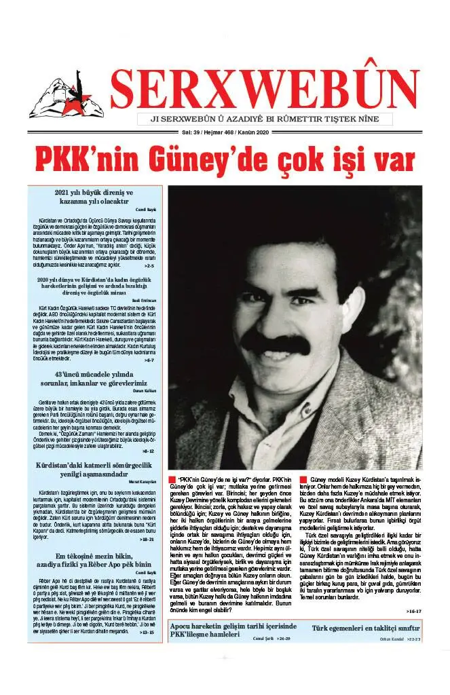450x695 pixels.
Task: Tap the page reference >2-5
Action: tap(149, 266)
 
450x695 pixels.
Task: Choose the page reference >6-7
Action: tap(149, 360)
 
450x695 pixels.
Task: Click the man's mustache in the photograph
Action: tap(275, 343)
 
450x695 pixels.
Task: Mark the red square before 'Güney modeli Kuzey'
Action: tap(303, 481)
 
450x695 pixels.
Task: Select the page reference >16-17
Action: tap(413, 612)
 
